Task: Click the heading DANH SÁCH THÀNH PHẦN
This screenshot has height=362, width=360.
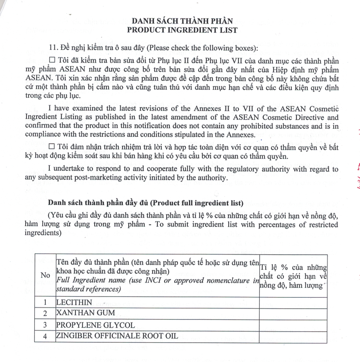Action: [182, 21]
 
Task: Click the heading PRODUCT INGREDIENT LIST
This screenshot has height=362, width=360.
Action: [182, 30]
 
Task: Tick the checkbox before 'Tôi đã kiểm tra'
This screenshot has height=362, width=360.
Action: [52, 62]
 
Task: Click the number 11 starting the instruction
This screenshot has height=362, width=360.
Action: [53, 47]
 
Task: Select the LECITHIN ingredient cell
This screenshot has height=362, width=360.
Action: [74, 302]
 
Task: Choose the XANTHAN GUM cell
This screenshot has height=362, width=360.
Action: [85, 314]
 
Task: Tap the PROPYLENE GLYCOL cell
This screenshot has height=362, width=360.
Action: [96, 325]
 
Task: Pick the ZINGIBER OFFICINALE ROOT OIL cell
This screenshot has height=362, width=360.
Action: [117, 336]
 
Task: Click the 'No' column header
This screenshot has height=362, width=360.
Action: [46, 275]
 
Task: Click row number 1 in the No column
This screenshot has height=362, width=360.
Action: [46, 302]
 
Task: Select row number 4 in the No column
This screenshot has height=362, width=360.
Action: [46, 337]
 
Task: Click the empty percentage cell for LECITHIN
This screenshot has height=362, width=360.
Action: [293, 302]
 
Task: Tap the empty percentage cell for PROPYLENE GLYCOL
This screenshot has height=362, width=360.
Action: [293, 325]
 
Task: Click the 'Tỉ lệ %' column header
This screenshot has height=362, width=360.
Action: [293, 275]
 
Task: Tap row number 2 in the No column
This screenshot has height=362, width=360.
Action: [46, 314]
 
